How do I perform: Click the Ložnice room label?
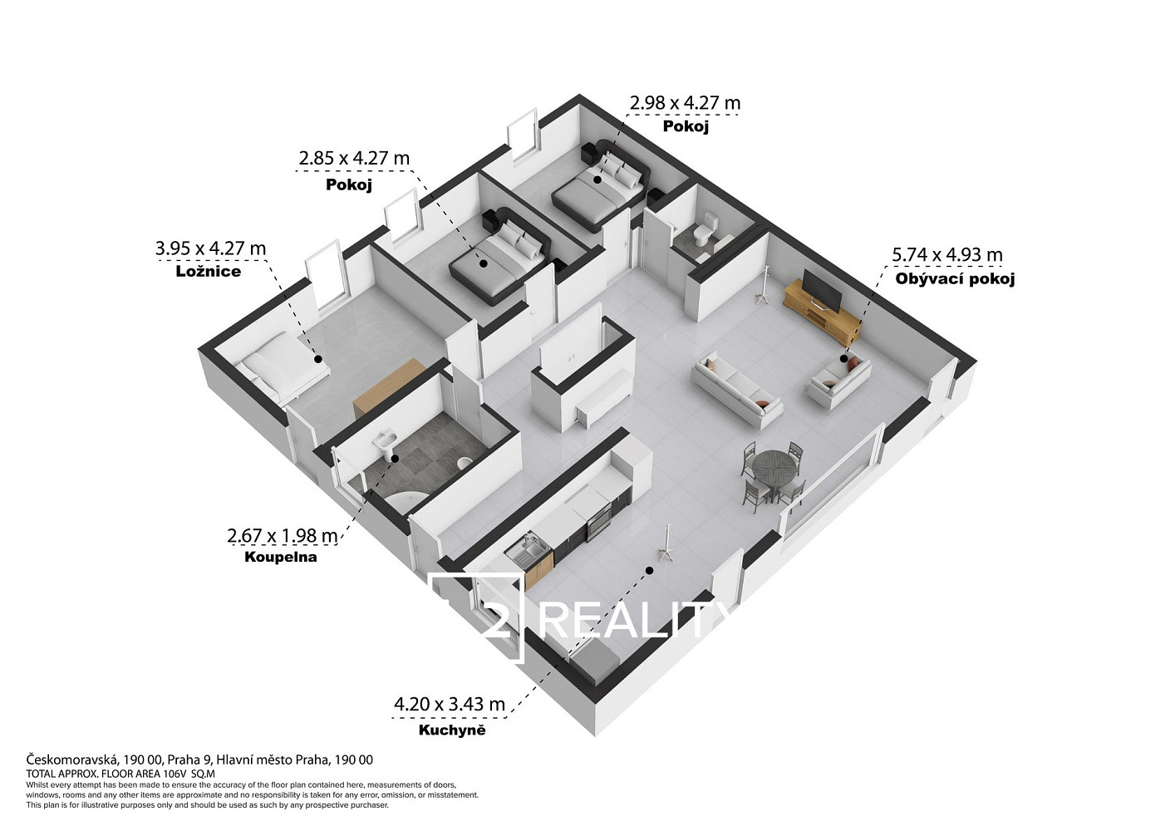(209, 271)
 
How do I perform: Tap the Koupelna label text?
(281, 557)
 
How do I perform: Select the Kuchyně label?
(452, 730)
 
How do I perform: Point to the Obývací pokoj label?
(955, 278)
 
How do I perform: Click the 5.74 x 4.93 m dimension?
(947, 255)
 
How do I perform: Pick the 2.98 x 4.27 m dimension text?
(685, 103)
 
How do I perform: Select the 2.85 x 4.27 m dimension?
(354, 158)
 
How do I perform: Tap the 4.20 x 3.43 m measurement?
(450, 704)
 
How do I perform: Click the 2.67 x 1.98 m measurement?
(283, 536)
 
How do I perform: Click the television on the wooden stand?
(822, 290)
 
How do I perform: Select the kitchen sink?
(529, 552)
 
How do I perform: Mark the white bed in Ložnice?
(283, 366)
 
